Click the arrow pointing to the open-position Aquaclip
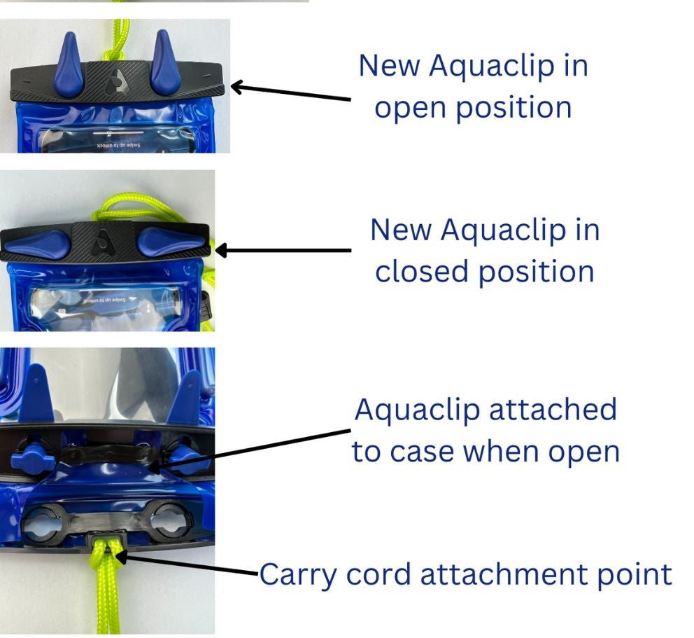click(290, 92)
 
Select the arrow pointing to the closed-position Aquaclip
click(283, 250)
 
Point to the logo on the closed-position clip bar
click(103, 237)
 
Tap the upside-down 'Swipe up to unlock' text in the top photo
click(116, 145)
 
